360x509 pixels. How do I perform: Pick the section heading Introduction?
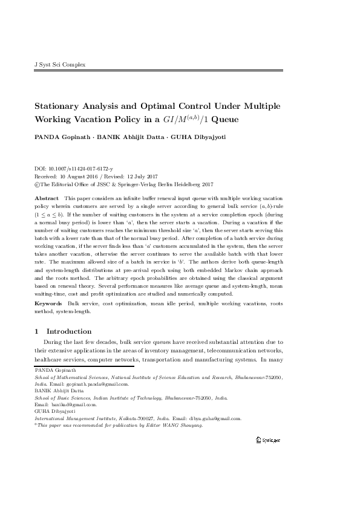click(69, 331)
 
